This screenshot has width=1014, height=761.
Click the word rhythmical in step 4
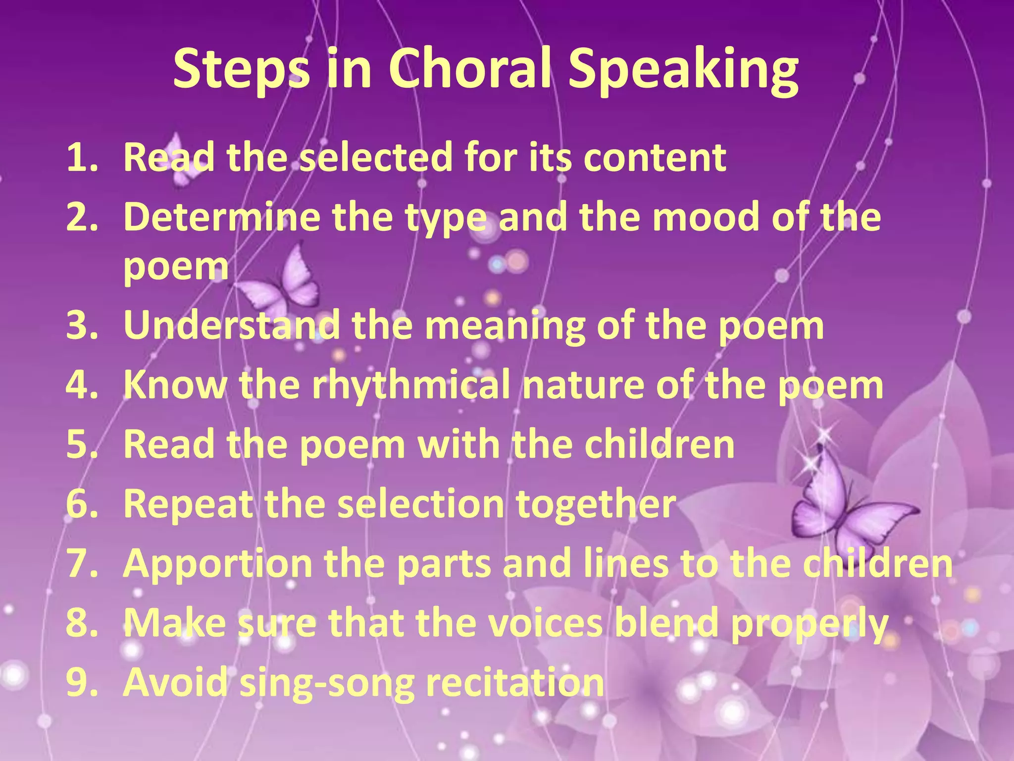tap(410, 385)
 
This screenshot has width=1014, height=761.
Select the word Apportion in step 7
tap(217, 564)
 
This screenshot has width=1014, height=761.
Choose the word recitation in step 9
tap(514, 683)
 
